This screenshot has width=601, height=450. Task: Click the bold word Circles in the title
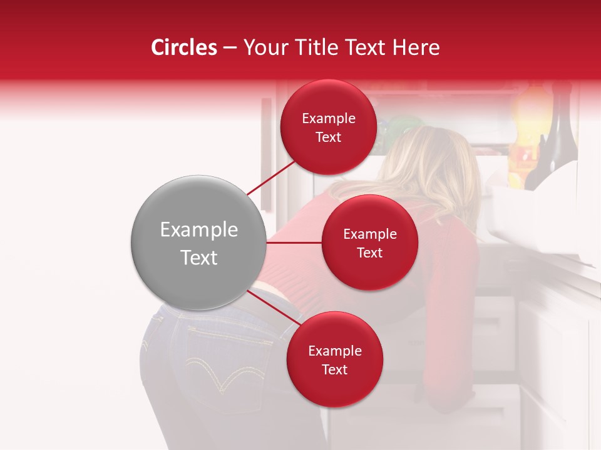click(183, 47)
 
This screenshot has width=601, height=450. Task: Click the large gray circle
click(198, 242)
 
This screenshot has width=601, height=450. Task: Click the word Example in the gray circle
click(198, 230)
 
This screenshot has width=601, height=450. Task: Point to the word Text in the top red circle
click(328, 137)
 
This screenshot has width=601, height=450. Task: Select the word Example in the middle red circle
click(369, 234)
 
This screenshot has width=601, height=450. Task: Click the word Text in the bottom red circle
click(334, 370)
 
